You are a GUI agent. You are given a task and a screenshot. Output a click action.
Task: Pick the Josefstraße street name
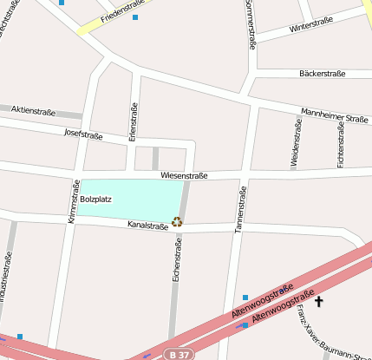point(83,134)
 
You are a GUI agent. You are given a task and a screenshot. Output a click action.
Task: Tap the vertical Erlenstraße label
point(133,121)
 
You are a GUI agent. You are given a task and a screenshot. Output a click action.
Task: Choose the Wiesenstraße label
point(184,175)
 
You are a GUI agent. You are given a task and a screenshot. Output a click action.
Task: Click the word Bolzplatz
point(95,200)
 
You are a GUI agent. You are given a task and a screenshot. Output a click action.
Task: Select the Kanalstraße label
point(147,226)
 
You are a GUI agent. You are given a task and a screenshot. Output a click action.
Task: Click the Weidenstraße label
point(297,142)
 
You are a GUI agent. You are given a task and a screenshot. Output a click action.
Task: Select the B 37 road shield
point(179,354)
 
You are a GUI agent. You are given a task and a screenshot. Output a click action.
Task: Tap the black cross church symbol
point(319,302)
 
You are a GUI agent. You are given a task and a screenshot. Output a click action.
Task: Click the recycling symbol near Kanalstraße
point(177,221)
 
